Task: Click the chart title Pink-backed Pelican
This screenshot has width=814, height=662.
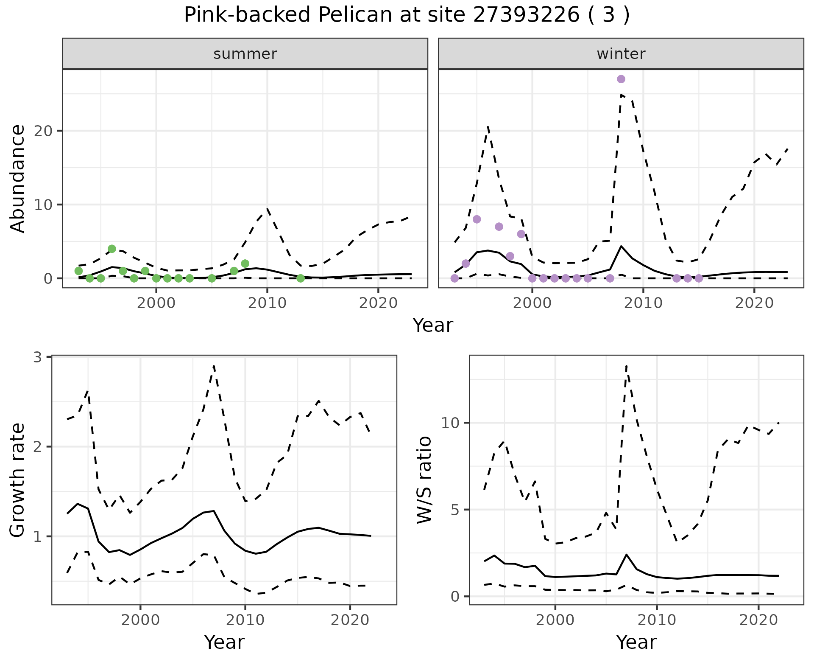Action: click(407, 15)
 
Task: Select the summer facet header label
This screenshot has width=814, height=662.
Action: click(245, 54)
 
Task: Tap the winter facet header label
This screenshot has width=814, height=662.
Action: click(621, 54)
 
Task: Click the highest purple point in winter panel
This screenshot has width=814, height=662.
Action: click(621, 79)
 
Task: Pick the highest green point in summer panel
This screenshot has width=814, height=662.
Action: click(112, 249)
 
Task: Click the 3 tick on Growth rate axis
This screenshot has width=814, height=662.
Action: click(38, 357)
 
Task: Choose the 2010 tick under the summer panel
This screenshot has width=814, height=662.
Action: click(267, 303)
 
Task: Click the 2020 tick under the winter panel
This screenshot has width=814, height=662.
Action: click(754, 303)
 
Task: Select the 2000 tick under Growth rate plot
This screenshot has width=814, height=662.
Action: click(140, 620)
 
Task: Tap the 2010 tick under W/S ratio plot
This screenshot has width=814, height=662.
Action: click(657, 620)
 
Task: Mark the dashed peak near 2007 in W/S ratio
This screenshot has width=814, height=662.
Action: click(627, 365)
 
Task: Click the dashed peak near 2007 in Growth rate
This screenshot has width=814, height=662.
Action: click(214, 366)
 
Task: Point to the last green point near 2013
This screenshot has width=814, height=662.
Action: click(301, 278)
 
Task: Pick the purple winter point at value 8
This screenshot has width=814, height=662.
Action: click(477, 219)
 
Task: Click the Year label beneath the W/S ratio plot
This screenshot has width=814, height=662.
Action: click(636, 642)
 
